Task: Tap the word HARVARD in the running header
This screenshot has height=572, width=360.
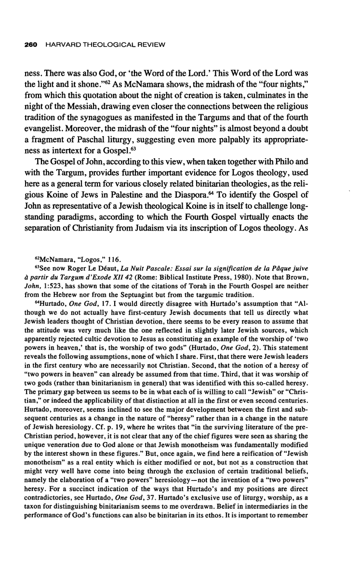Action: click(60, 45)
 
